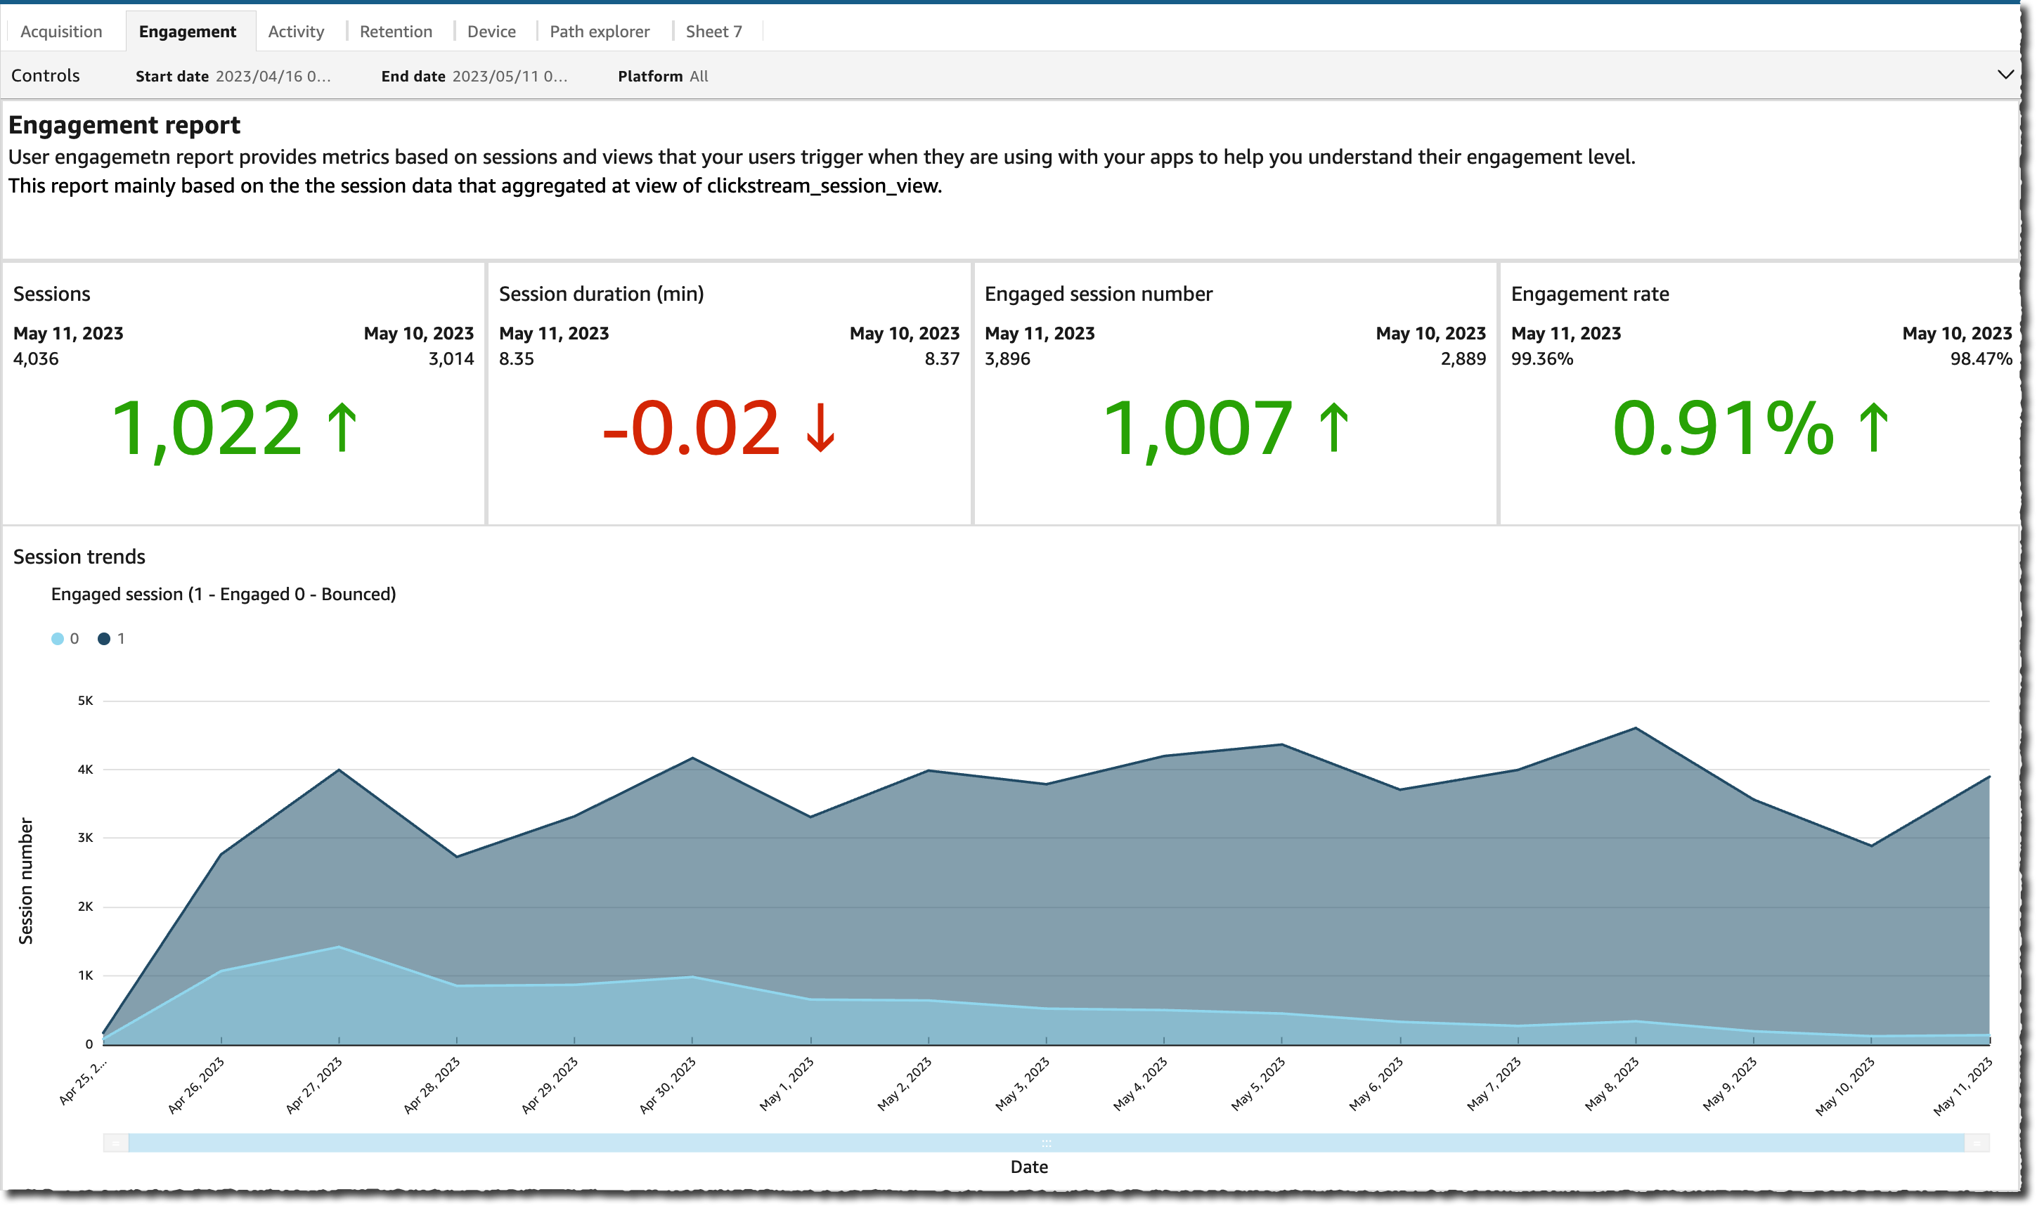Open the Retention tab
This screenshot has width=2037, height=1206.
(396, 32)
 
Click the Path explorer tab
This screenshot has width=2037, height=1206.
(599, 32)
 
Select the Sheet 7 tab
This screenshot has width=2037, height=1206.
(713, 32)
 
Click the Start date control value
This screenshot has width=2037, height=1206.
(272, 77)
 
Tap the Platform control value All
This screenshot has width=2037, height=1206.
(699, 77)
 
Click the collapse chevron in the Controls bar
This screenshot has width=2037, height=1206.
(2005, 74)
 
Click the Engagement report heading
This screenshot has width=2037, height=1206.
(124, 125)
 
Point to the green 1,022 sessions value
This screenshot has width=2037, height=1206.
(207, 428)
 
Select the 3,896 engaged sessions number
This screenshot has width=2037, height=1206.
(1007, 358)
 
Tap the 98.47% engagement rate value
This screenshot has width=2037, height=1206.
(1980, 358)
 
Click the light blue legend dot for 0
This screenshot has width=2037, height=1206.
(58, 639)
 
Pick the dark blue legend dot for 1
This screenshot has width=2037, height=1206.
(104, 639)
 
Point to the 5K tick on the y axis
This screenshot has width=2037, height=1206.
(85, 701)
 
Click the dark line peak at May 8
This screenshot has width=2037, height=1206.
(1635, 728)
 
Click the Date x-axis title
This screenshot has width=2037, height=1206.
(1028, 1167)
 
